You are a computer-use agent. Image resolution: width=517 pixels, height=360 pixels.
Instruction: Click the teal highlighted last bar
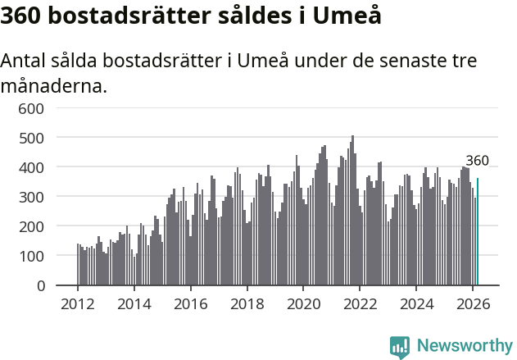(478, 232)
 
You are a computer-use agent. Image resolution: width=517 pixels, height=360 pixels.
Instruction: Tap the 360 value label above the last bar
(477, 161)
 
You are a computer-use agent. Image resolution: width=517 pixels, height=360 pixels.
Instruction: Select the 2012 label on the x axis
(78, 303)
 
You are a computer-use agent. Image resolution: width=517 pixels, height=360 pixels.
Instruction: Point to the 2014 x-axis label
(134, 303)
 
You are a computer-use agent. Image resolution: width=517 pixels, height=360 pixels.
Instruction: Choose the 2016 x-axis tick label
(190, 303)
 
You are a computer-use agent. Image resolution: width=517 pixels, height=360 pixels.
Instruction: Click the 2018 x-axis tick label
(247, 303)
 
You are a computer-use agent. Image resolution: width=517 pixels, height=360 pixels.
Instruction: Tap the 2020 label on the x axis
(303, 303)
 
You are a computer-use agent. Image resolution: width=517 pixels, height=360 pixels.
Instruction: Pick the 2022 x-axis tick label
(360, 303)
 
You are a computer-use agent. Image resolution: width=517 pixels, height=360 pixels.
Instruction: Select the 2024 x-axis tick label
(416, 303)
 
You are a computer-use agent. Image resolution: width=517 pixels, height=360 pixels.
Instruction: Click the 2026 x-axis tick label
(473, 303)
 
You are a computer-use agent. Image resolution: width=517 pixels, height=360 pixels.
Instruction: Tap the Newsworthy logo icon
(400, 346)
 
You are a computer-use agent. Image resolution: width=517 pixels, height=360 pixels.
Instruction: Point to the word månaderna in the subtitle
(53, 85)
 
